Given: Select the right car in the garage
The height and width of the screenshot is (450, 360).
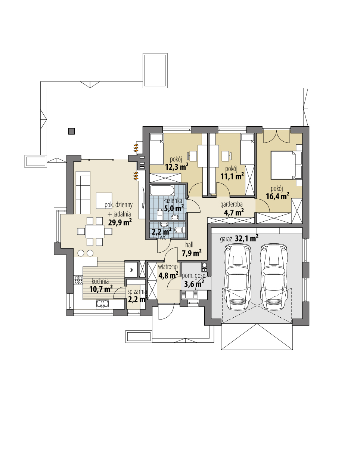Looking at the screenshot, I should [x=276, y=276].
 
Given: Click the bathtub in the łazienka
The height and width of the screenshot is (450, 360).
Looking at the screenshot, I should [x=162, y=190].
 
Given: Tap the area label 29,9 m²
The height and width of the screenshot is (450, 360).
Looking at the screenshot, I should [x=120, y=223].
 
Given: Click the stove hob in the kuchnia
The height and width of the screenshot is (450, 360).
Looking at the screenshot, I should [x=78, y=280].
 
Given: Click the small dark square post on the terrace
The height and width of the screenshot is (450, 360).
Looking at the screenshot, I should [x=71, y=131].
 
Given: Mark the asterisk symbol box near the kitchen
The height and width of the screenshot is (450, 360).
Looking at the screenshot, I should [x=131, y=270].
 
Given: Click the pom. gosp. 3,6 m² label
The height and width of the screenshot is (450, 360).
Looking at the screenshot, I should [x=193, y=280].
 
